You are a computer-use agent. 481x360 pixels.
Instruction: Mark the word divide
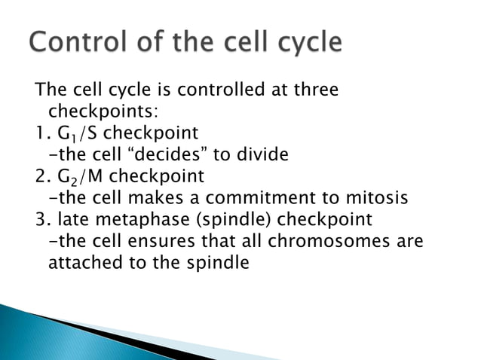265,156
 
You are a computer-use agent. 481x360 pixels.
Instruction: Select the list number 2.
41,178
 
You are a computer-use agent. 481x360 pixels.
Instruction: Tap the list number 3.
41,221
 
